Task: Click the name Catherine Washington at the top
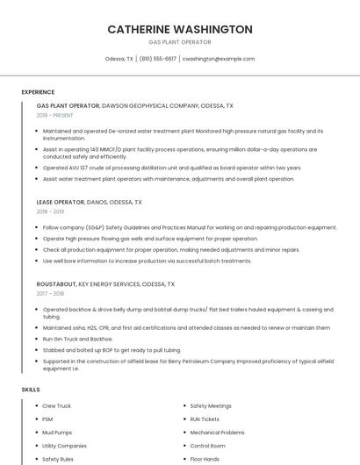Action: [179, 29]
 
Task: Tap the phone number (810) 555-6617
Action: [158, 59]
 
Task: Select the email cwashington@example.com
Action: [218, 59]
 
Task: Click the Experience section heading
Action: [38, 91]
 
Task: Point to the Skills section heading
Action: [31, 389]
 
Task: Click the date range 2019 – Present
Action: [55, 115]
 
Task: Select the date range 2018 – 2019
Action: [51, 211]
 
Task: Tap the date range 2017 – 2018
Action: [51, 294]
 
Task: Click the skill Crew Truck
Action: [57, 406]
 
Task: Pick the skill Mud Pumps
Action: [58, 433]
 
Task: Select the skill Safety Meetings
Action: [211, 406]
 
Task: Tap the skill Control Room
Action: [208, 446]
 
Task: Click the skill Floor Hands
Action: [205, 459]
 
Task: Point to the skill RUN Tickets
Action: [205, 419]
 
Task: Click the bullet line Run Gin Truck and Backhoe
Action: [78, 338]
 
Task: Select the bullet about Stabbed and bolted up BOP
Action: [112, 349]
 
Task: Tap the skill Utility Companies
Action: [64, 446]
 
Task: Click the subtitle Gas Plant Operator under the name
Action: [179, 42]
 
